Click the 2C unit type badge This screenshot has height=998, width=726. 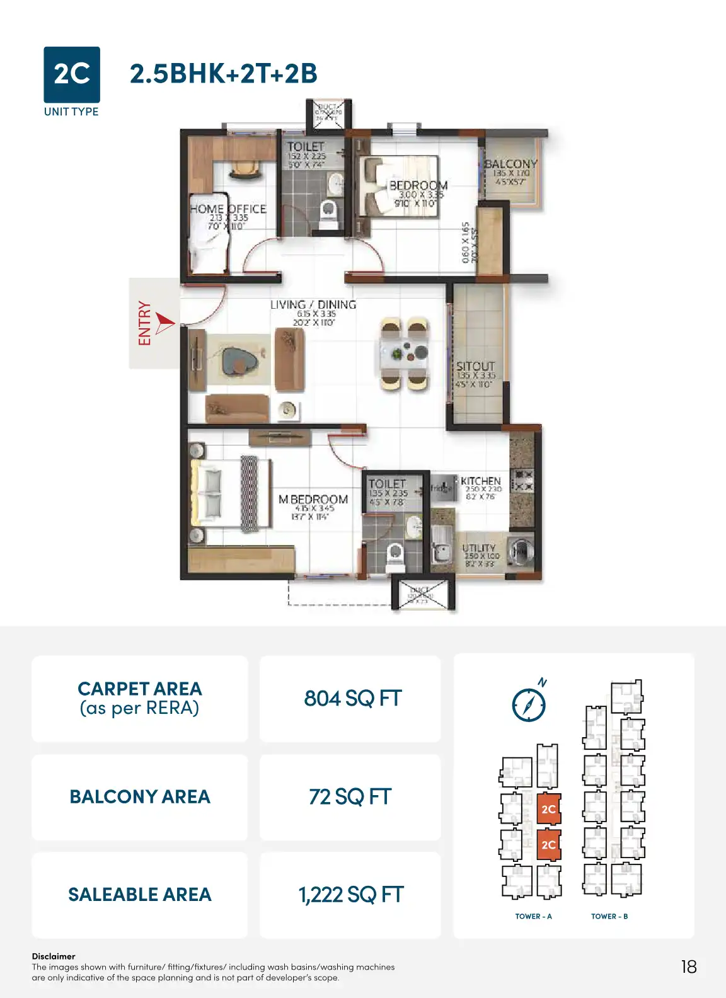[x=72, y=74]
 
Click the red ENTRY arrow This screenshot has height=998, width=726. [x=164, y=323]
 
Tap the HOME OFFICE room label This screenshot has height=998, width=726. [x=228, y=209]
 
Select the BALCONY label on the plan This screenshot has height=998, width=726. [x=510, y=164]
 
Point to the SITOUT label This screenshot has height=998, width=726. [x=476, y=366]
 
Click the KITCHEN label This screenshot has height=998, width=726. [x=481, y=481]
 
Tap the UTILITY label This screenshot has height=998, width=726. [x=479, y=548]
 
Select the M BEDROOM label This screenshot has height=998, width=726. [x=313, y=499]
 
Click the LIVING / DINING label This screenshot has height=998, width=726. [x=313, y=305]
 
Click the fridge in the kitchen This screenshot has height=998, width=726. [x=442, y=488]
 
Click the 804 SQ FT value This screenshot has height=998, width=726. [x=352, y=699]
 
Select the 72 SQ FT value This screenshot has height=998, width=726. [x=350, y=797]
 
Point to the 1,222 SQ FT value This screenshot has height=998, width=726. [x=350, y=895]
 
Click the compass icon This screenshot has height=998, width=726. [x=529, y=704]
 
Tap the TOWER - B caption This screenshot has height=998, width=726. [x=609, y=917]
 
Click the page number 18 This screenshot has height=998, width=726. [x=689, y=967]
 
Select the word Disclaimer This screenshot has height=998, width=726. [x=54, y=956]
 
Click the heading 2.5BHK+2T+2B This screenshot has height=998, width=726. [x=224, y=74]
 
